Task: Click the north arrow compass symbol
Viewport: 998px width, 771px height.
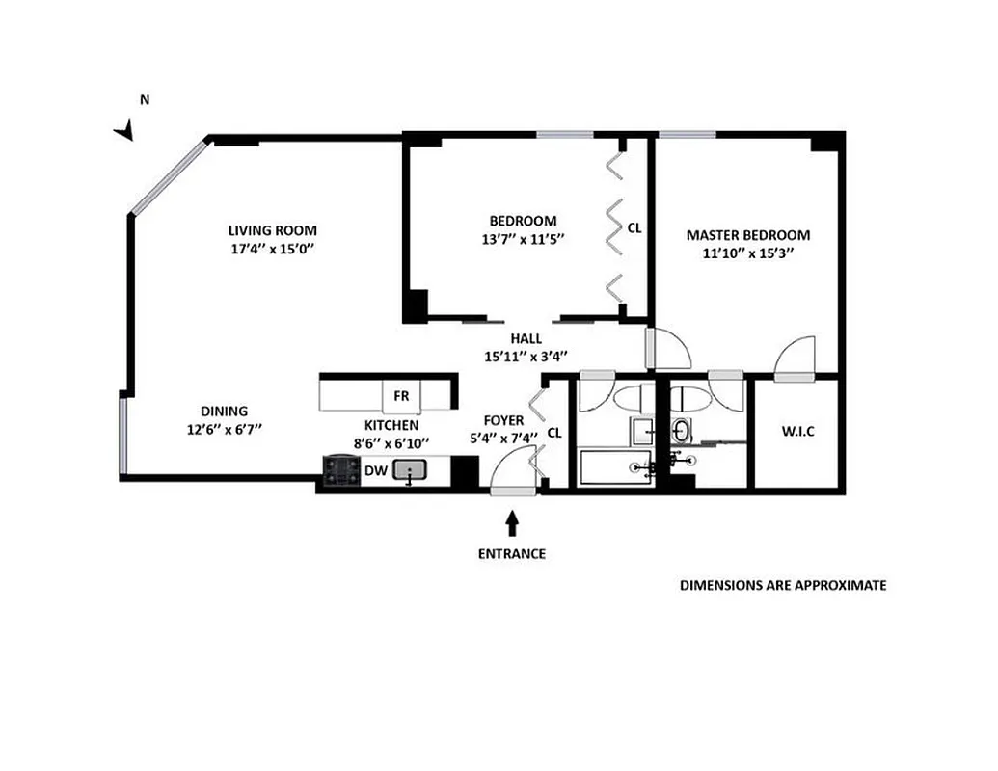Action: coord(124,130)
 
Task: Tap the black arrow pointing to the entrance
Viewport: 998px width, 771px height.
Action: coord(512,522)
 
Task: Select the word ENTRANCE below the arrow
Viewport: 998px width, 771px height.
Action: coord(512,554)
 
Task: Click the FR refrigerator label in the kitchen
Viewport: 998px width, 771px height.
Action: coord(401,395)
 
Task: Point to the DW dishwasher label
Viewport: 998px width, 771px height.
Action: coord(376,470)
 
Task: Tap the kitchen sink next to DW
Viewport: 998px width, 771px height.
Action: coord(413,470)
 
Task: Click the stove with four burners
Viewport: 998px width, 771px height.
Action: coord(341,470)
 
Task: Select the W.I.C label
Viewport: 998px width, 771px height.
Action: coord(797,432)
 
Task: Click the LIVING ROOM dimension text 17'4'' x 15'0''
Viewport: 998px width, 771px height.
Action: coord(272,249)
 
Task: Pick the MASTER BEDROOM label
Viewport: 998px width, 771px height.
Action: coord(747,235)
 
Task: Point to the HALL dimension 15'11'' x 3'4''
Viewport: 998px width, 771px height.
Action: coord(526,356)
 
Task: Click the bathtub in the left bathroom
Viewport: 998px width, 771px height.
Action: coord(618,467)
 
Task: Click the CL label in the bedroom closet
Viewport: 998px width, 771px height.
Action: coord(634,229)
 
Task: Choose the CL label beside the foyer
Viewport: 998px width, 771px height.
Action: coord(553,433)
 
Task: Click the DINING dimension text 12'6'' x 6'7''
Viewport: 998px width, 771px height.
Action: coord(225,429)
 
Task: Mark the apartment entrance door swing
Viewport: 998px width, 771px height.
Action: coord(511,472)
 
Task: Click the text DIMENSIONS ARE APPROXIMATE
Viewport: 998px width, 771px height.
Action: coord(783,585)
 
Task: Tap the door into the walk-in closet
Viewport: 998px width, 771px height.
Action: coord(797,359)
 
